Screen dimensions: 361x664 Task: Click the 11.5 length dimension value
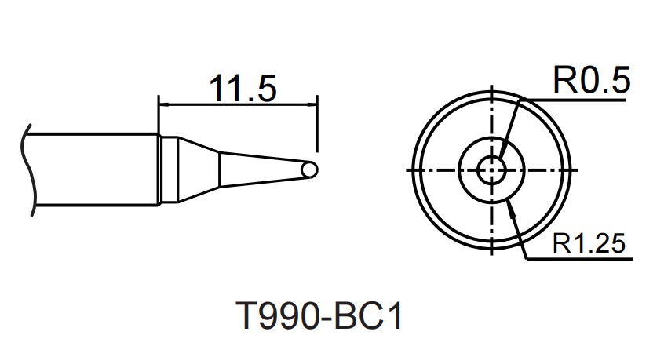point(243,88)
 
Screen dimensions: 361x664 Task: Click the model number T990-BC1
point(319,319)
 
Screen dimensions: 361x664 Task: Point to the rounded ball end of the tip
point(311,170)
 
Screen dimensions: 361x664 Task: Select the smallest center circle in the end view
point(492,169)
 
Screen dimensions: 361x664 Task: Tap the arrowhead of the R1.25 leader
point(511,205)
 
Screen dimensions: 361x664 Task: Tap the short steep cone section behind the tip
point(198,170)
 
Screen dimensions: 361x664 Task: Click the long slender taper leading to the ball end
point(259,170)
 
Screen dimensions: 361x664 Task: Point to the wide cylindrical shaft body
point(94,170)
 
